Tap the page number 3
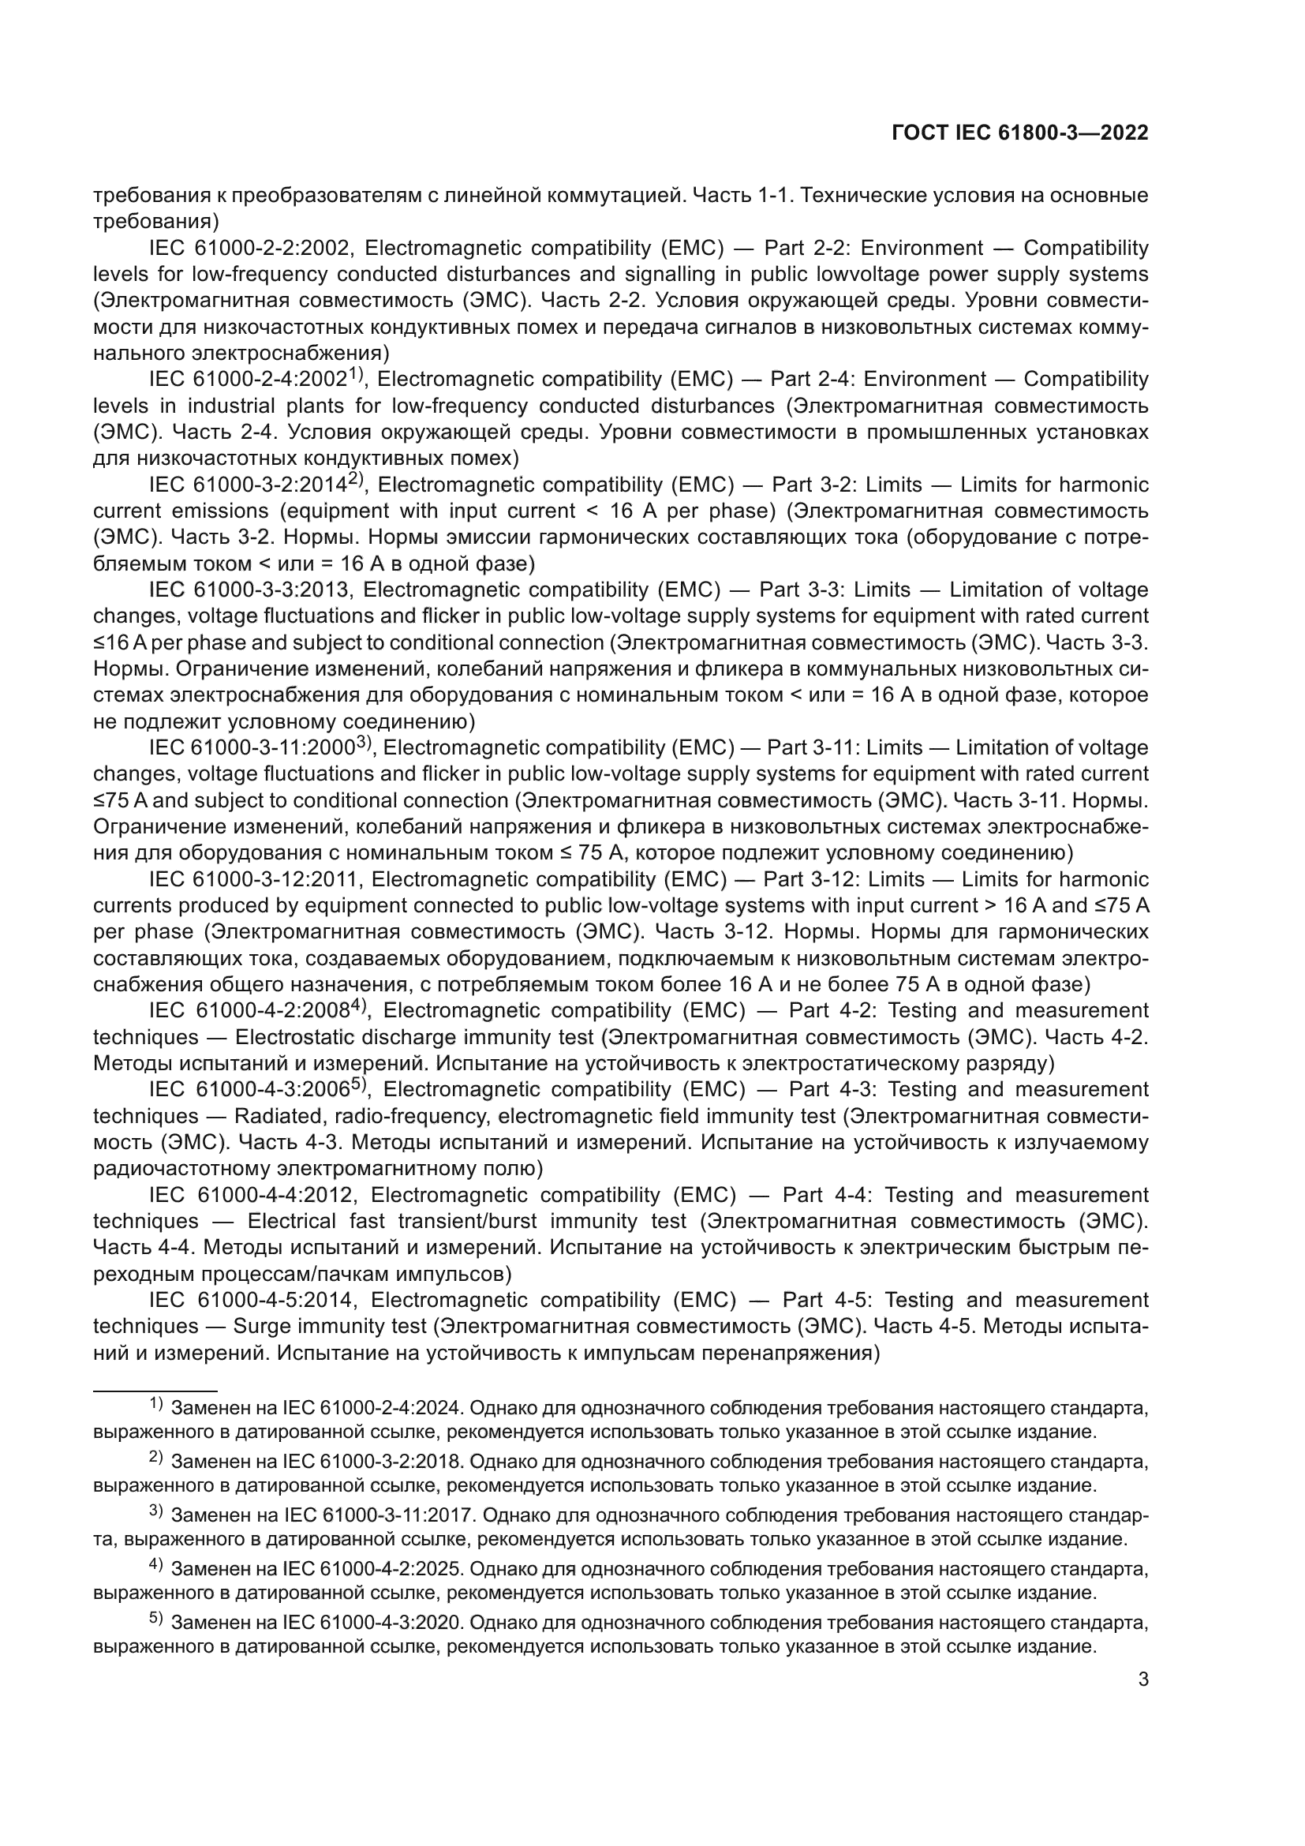pyautogui.click(x=1143, y=1679)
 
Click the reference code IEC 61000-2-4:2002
pyautogui.click(x=249, y=380)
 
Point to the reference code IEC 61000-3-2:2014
pyautogui.click(x=249, y=485)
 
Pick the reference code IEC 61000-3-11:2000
pyautogui.click(x=252, y=747)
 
